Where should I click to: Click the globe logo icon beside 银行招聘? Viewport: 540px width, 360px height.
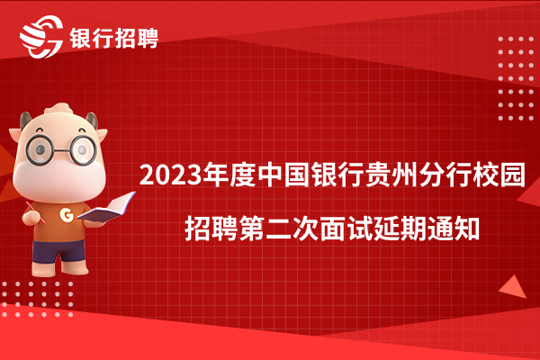[41, 37]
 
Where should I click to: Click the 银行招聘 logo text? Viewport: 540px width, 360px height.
[114, 38]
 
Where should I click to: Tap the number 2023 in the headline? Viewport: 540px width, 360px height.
[170, 175]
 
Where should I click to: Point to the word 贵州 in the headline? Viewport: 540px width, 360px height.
[392, 175]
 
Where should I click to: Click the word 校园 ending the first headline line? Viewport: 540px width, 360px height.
[499, 175]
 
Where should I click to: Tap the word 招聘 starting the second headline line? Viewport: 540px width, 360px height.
[211, 229]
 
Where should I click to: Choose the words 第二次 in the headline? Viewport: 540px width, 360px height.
[279, 229]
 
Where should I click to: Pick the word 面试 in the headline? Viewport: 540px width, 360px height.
[346, 229]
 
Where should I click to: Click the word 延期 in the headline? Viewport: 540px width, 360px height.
[400, 229]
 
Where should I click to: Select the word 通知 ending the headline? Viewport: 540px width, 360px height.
[454, 229]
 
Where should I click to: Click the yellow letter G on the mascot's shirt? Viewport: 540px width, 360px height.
[67, 214]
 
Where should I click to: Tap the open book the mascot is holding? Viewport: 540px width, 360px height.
[106, 207]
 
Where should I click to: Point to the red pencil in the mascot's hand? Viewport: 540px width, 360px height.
[35, 212]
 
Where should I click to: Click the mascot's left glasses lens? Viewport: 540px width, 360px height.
[40, 150]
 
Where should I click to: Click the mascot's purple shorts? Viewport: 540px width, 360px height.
[58, 251]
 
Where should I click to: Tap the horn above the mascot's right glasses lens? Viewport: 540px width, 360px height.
[93, 121]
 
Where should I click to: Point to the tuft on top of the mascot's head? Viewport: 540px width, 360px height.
[59, 109]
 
